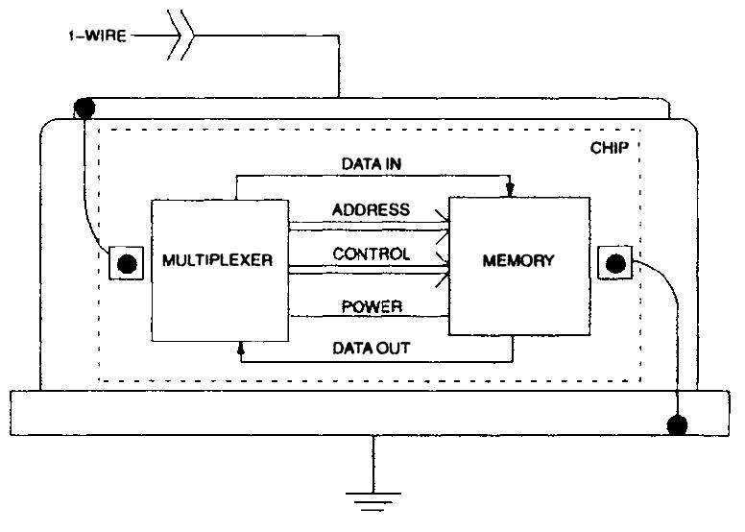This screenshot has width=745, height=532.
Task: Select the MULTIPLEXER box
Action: pyautogui.click(x=220, y=270)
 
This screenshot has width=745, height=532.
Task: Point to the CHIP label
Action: pyautogui.click(x=610, y=151)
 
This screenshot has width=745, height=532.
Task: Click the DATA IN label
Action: pyautogui.click(x=372, y=163)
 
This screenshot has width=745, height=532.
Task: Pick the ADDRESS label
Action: pyautogui.click(x=371, y=209)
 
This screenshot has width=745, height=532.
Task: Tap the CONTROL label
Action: pyautogui.click(x=371, y=254)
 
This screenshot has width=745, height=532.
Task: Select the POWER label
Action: pyautogui.click(x=371, y=306)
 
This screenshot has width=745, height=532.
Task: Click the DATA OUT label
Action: pyautogui.click(x=371, y=348)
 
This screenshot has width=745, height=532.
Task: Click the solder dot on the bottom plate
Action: pyautogui.click(x=680, y=423)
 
